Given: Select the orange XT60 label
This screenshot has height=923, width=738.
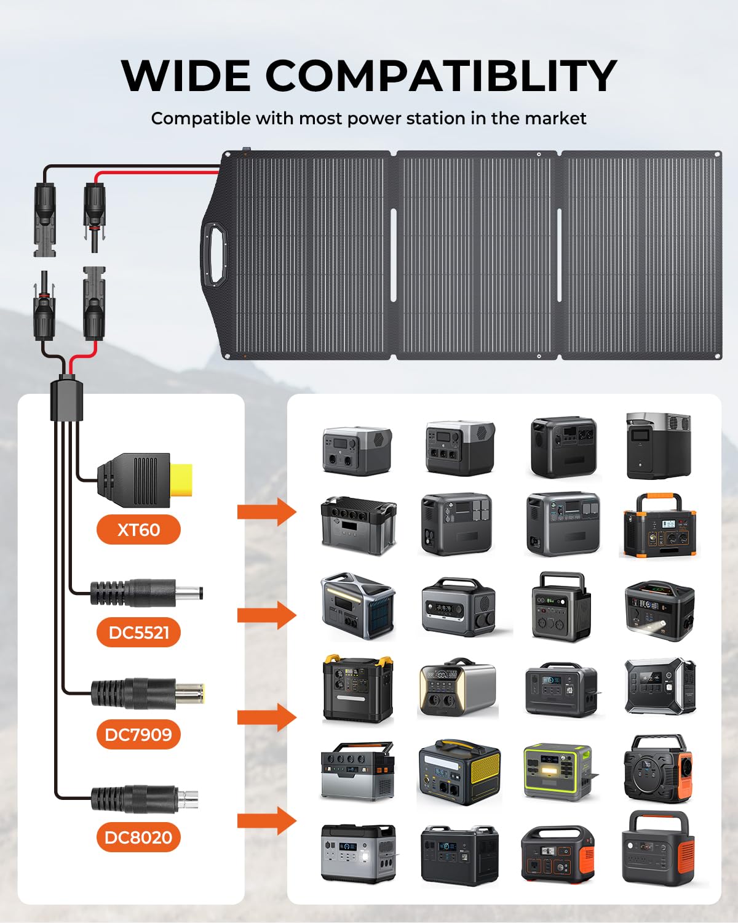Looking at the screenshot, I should (138, 530).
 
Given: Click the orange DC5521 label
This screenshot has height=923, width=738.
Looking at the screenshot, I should (138, 633).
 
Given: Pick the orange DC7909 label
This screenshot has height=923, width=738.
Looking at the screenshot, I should (138, 735).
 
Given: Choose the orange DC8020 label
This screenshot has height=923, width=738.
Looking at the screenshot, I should (138, 837).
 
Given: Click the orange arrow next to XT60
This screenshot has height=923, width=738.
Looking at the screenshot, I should (267, 512).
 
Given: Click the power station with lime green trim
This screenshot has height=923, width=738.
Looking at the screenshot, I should (558, 772).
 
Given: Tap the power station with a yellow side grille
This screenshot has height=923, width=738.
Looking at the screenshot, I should (459, 772).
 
